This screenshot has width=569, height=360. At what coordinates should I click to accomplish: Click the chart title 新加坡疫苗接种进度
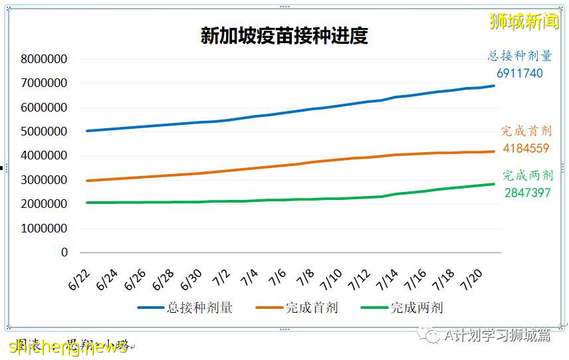[x=284, y=35]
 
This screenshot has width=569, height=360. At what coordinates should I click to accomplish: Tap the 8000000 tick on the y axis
[x=45, y=59]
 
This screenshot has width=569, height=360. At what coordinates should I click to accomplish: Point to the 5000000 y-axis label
[x=45, y=132]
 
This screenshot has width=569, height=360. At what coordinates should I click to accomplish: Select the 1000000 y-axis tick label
[x=45, y=228]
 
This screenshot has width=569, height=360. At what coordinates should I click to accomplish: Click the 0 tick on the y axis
[x=64, y=252]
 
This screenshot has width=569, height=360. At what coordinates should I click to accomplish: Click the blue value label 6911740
[x=520, y=73]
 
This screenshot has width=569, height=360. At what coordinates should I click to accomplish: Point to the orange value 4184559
[x=526, y=148]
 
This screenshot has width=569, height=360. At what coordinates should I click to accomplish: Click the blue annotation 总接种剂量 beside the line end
[x=520, y=56]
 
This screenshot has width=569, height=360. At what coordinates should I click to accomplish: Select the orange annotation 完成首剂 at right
[x=526, y=131]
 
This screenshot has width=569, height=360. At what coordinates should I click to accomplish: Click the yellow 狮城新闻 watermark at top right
[x=524, y=21]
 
